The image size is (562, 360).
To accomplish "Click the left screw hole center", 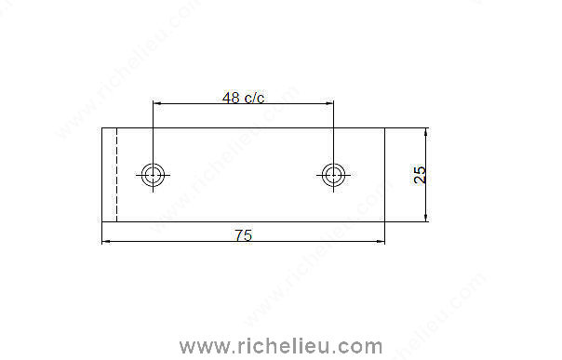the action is (153, 175).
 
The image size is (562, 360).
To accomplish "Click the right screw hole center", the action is (334, 175).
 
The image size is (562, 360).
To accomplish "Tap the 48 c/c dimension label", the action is (244, 98).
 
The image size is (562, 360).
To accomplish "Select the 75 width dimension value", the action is (244, 235).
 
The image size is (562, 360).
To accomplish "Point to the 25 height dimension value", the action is (420, 175).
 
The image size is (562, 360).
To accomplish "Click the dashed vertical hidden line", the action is (117, 175).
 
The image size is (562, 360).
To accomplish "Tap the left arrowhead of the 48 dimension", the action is (157, 103).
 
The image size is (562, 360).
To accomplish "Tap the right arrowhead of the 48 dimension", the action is (329, 103).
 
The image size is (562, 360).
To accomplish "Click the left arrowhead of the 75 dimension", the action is (106, 242).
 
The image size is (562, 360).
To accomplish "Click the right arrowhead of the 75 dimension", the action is (381, 242).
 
